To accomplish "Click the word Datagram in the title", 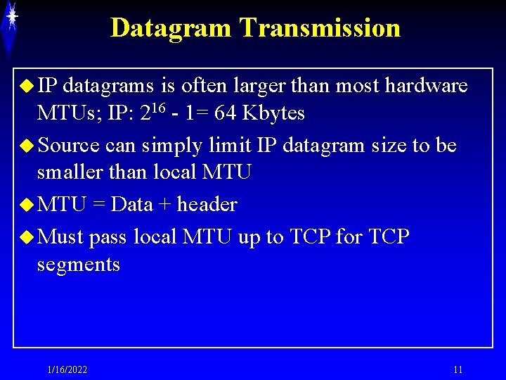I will [x=171, y=28].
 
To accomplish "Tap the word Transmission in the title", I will [x=320, y=28].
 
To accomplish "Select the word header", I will [x=207, y=205].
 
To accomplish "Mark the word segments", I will [x=78, y=265].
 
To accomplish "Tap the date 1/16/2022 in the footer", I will [x=67, y=370].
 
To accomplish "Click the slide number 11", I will [x=458, y=370].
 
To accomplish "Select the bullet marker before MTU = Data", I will [x=27, y=205].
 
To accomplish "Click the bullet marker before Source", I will [x=27, y=146].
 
